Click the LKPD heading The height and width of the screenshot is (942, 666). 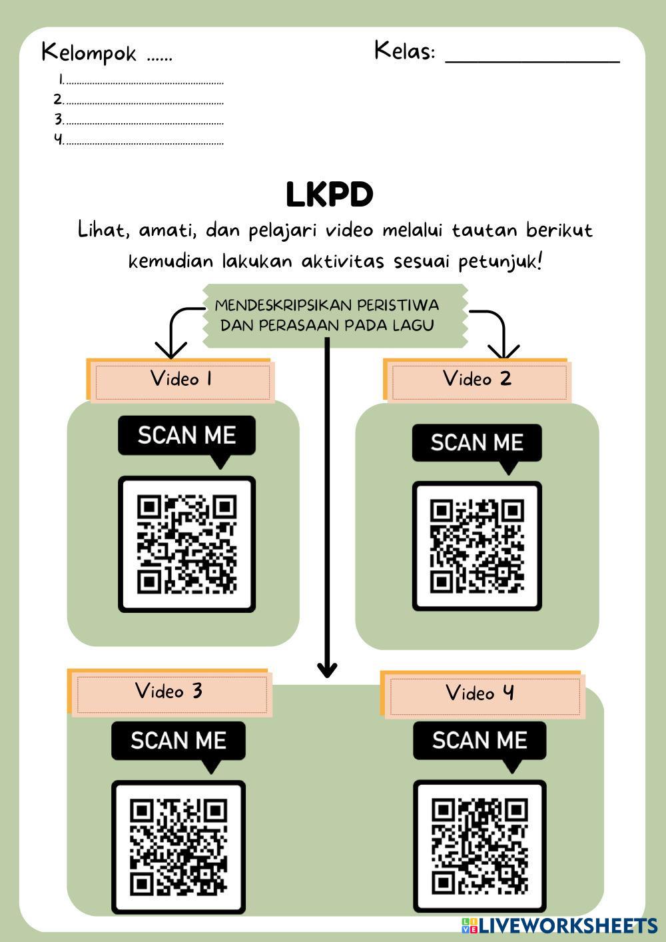(329, 195)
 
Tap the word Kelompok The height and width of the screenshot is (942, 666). (89, 53)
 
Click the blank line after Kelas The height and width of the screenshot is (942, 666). (531, 60)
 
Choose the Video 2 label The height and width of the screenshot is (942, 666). (477, 379)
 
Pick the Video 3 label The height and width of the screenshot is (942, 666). (168, 691)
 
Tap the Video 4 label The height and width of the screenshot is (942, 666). (480, 694)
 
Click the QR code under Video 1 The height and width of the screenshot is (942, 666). (187, 544)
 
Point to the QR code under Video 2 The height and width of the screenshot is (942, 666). (477, 546)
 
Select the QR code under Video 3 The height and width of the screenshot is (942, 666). (178, 847)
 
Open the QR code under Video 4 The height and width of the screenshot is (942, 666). (480, 847)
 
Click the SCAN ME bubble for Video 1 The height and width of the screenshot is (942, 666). (187, 436)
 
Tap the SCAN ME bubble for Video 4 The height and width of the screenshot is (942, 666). (480, 740)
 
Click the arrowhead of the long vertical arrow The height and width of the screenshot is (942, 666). (327, 669)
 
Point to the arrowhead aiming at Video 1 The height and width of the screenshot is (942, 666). (171, 350)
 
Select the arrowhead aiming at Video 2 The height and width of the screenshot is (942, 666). (503, 350)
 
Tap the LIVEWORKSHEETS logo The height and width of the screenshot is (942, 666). (559, 925)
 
